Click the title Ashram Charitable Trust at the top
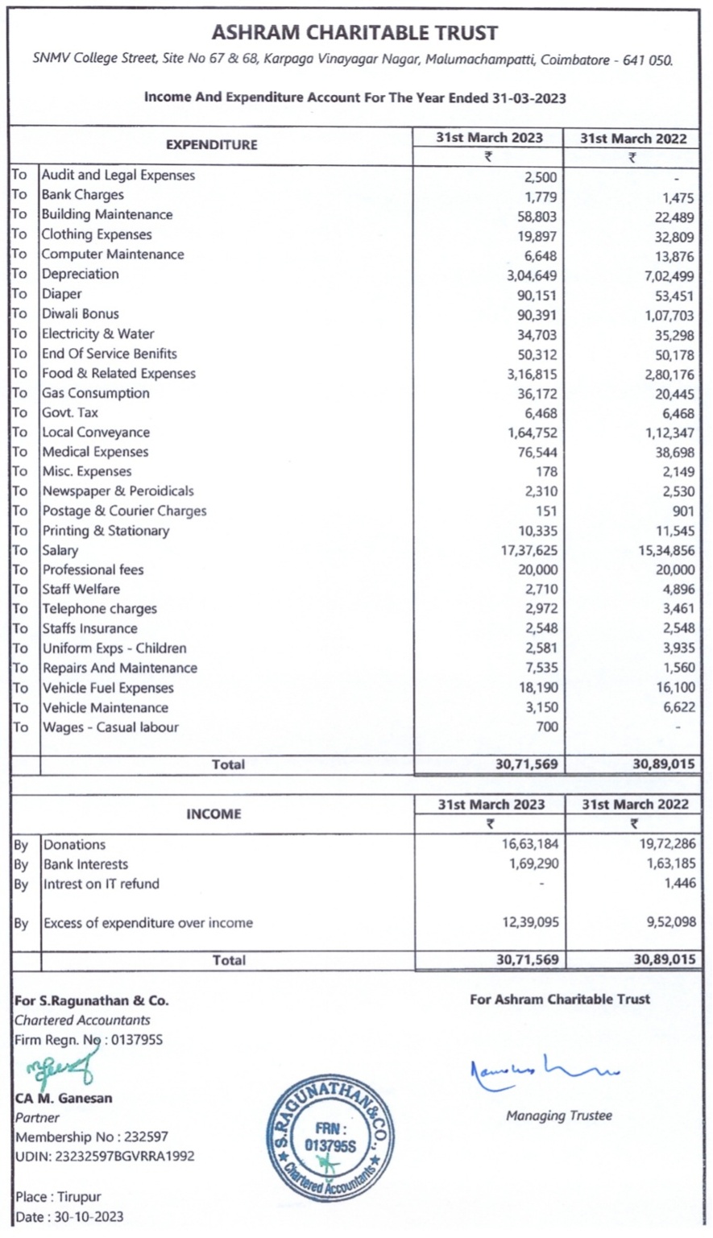click(x=354, y=33)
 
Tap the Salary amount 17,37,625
click(x=529, y=551)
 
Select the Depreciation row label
click(x=80, y=274)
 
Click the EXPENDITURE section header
click(x=211, y=145)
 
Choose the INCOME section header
click(x=213, y=814)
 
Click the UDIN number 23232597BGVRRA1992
click(x=105, y=1157)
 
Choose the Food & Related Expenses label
click(x=118, y=374)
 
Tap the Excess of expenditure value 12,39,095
click(x=529, y=923)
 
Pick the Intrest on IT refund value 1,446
click(x=678, y=884)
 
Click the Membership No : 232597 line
click(x=92, y=1137)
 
